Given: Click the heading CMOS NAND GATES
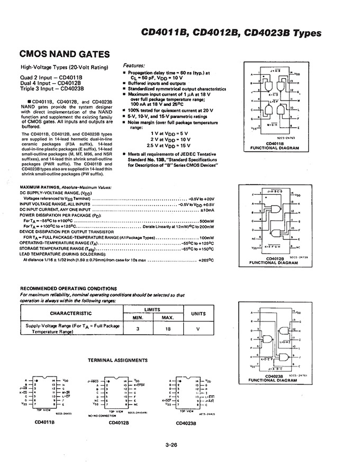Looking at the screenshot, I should pyautogui.click(x=65, y=54).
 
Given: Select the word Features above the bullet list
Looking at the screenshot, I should pyautogui.click(x=137, y=66).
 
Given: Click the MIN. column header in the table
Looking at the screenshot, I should pyautogui.click(x=138, y=318).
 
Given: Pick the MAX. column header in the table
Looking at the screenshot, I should pyautogui.click(x=168, y=318).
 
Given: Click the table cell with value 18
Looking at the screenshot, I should pyautogui.click(x=168, y=329).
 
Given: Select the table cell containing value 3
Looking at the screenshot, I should pyautogui.click(x=138, y=329).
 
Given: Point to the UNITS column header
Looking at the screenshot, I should pyautogui.click(x=198, y=313).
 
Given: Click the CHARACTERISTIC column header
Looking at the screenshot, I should pyautogui.click(x=71, y=313).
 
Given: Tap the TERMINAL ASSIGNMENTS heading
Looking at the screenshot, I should pyautogui.click(x=118, y=360).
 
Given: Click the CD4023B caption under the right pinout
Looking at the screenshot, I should pyautogui.click(x=186, y=423).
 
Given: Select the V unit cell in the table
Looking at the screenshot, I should pyautogui.click(x=198, y=329).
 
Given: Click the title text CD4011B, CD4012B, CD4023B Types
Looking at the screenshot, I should pyautogui.click(x=231, y=33).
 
